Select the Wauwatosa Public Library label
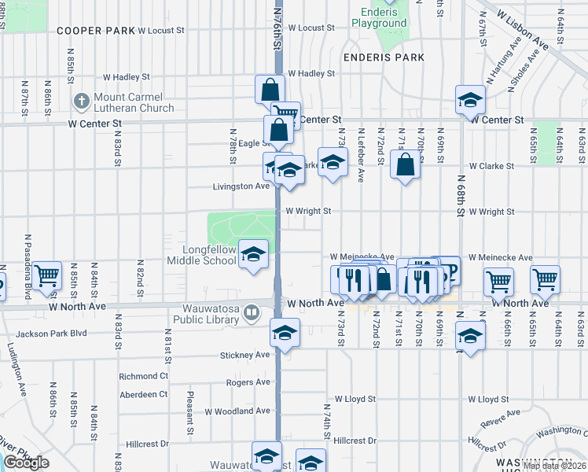(x=210, y=313)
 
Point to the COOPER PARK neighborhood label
(x=95, y=30)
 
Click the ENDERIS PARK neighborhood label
(x=384, y=57)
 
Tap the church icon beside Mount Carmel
(x=81, y=101)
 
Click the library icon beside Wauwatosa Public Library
(x=251, y=313)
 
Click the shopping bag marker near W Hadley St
(x=270, y=89)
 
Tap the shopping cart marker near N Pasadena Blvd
(x=47, y=276)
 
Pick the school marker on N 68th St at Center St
(x=470, y=100)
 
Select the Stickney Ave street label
(x=244, y=355)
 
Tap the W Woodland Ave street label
(x=237, y=411)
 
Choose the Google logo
(x=26, y=463)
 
